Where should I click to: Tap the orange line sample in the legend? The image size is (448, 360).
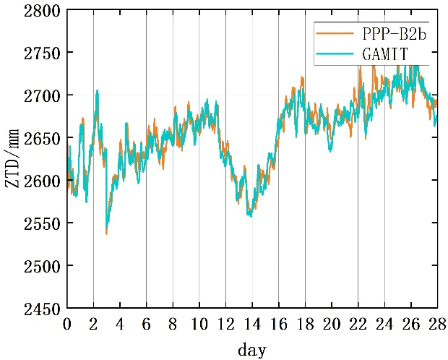[332, 33]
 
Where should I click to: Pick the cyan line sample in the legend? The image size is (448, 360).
[332, 53]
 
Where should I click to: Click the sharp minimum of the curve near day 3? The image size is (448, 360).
[106, 233]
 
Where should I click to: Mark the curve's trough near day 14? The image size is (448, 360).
[249, 215]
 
